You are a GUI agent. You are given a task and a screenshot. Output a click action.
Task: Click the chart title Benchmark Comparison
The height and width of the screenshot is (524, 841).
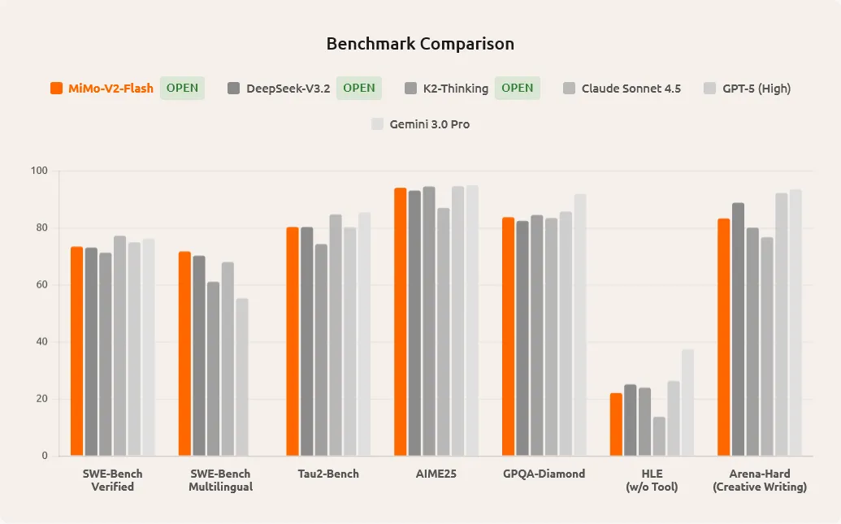tap(420, 44)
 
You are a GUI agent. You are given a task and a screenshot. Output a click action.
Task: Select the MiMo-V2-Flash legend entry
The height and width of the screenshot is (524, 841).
tap(111, 89)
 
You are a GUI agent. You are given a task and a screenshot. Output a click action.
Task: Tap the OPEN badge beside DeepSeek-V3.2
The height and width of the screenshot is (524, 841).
tap(358, 89)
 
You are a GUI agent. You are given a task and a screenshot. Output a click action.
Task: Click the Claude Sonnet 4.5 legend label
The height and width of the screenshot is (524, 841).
tap(631, 89)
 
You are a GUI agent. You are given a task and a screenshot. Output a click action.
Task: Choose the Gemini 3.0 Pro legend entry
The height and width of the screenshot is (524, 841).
tap(429, 124)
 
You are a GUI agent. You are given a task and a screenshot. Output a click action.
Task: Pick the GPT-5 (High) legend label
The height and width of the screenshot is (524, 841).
tap(756, 89)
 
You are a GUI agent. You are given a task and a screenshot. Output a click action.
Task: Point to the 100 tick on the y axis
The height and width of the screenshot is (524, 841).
tap(40, 171)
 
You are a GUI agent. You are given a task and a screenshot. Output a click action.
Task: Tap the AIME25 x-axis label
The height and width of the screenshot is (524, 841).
tap(436, 474)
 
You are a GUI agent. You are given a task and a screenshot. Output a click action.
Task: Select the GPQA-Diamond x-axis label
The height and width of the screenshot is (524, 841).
tap(544, 474)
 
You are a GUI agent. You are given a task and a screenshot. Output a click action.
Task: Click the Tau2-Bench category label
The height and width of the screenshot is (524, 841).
tap(328, 474)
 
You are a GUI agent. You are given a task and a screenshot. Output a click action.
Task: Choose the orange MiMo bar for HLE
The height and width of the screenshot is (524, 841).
tap(616, 425)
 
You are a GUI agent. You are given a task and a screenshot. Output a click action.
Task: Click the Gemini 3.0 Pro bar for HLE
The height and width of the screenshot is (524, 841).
tap(687, 403)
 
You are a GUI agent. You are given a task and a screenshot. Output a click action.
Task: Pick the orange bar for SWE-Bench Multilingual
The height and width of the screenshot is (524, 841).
tap(184, 354)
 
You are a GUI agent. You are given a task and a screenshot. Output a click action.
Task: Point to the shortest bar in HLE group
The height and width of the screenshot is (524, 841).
tap(659, 436)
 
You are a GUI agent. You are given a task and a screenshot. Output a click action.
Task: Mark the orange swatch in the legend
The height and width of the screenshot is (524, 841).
tap(57, 89)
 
